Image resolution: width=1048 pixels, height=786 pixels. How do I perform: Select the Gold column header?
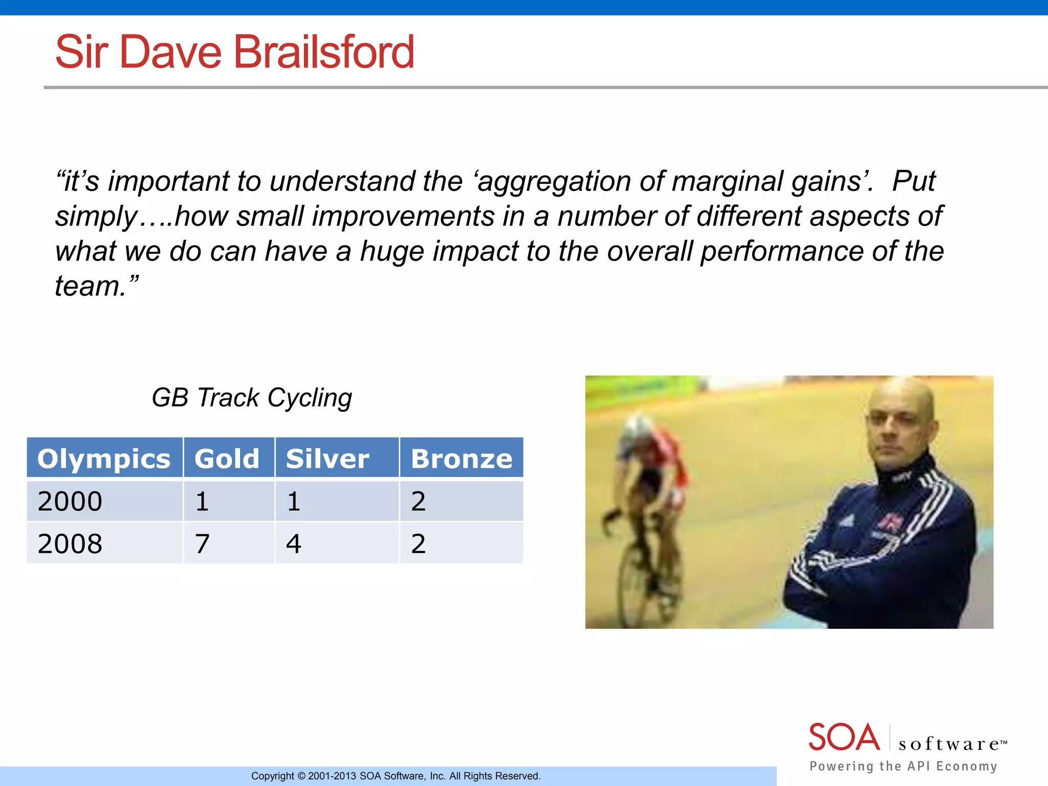227,458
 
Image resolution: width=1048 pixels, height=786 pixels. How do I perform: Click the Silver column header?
327,458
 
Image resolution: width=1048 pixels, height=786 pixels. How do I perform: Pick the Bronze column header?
461,458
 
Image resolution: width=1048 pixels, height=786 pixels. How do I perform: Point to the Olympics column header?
104,458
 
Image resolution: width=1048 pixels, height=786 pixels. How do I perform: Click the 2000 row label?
70,501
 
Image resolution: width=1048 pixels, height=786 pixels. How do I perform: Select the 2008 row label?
70,543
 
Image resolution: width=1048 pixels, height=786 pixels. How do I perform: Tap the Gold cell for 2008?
203,543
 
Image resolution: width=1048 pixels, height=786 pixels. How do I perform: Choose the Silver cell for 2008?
294,543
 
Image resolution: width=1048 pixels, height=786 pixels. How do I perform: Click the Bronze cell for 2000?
419,501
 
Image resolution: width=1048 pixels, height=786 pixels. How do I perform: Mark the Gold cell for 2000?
203,501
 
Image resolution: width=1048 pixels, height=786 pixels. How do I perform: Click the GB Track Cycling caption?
252,398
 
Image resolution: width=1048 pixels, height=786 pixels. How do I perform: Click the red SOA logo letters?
844,737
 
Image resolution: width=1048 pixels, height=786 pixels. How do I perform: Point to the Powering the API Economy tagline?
903,766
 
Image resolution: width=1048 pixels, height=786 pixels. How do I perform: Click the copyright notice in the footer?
396,776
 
